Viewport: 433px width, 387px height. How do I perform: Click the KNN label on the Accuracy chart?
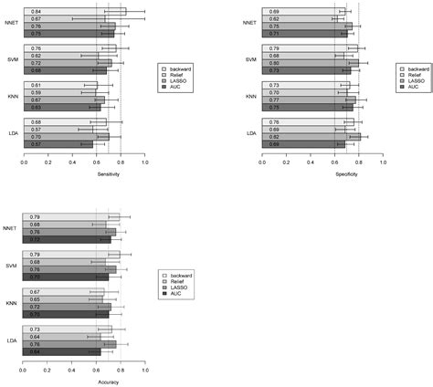click(x=10, y=302)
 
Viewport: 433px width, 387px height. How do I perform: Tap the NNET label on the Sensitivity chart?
click(x=11, y=22)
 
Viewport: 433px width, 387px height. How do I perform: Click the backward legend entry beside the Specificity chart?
click(x=421, y=68)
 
